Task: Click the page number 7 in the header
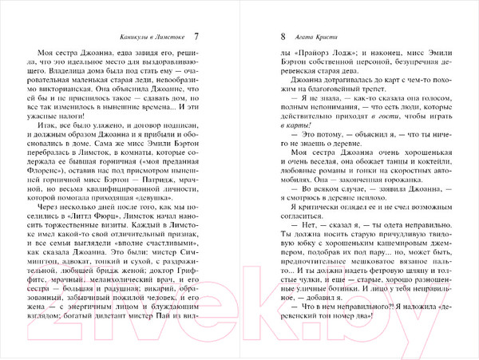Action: click(197, 37)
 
